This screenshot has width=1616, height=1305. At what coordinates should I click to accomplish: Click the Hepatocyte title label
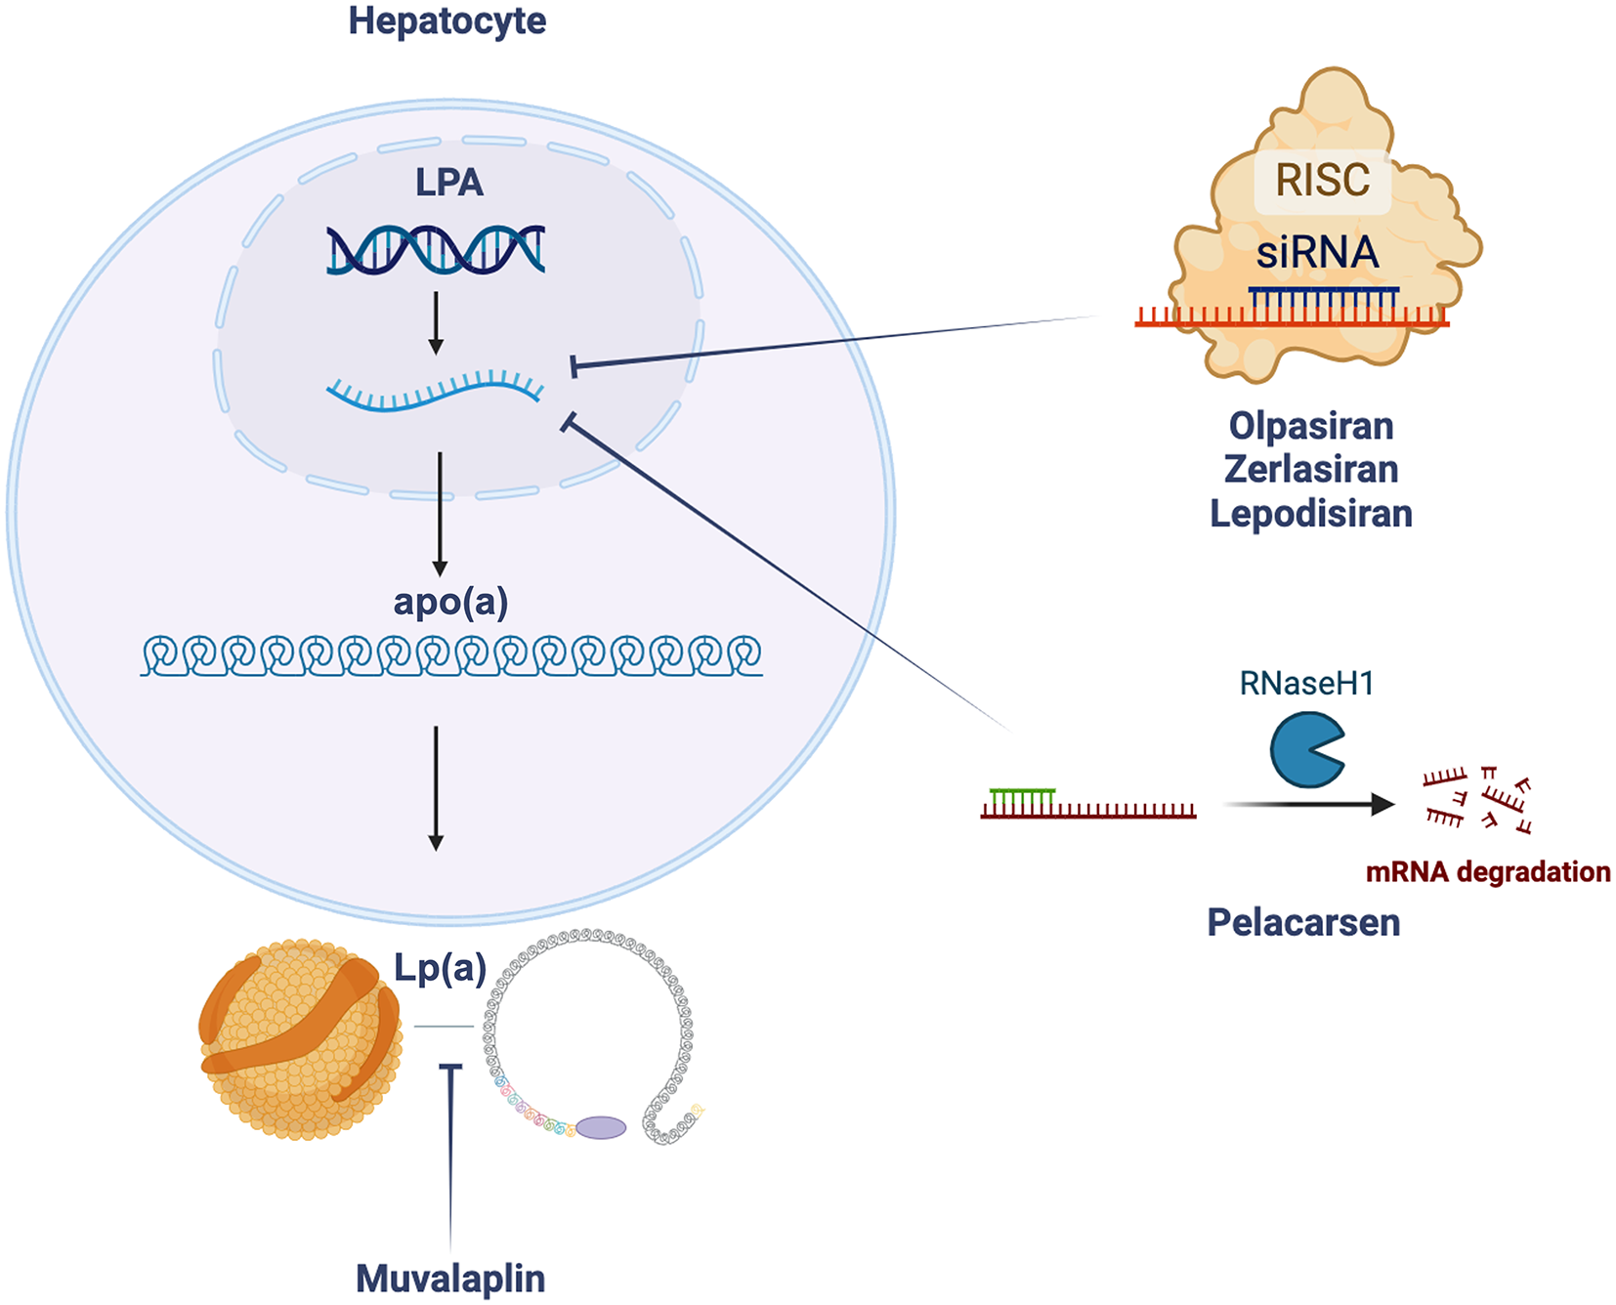(447, 21)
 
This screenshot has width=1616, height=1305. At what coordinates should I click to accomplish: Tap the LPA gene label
(449, 183)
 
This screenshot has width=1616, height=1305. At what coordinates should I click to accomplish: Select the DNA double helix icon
(436, 249)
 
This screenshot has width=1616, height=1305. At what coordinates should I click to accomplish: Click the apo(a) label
(450, 602)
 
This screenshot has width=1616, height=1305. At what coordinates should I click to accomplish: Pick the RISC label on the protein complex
(1322, 181)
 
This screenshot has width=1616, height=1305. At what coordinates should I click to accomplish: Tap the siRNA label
(1317, 253)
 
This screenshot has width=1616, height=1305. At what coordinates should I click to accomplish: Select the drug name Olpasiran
(1311, 426)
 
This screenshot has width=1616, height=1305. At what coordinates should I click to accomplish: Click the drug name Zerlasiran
(1311, 469)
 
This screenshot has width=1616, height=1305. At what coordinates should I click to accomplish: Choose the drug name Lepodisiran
(1311, 513)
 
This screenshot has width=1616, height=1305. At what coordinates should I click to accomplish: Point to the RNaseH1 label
(1306, 683)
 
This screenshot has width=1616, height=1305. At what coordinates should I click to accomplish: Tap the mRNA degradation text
(1487, 871)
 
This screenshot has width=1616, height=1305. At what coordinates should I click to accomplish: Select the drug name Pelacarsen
(1303, 922)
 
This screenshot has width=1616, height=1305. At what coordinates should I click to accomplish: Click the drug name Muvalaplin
(450, 1279)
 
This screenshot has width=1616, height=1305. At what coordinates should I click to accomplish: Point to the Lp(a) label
(440, 968)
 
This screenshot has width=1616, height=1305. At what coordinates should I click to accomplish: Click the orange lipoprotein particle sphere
(300, 1039)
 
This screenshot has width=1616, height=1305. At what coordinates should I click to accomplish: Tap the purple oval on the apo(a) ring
(601, 1128)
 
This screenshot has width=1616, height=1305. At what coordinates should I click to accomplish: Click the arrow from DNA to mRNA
(436, 322)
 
